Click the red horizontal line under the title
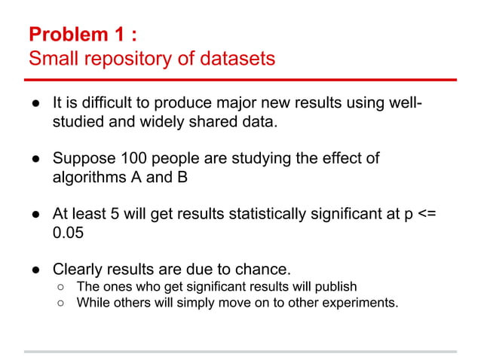[240, 80]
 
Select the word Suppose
[81, 159]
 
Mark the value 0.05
[67, 234]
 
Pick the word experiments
[359, 304]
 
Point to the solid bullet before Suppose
[35, 160]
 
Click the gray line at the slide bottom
[240, 351]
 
